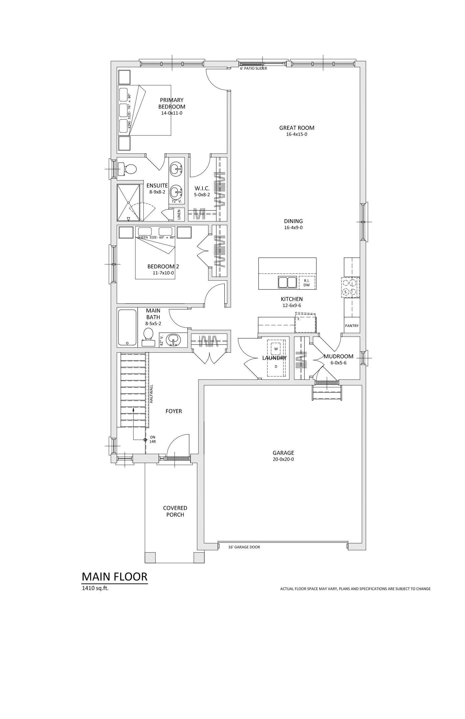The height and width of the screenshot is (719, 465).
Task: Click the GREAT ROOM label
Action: click(x=296, y=128)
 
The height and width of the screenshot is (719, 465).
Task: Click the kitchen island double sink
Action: click(x=287, y=283)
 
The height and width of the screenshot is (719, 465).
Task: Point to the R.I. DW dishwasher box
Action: click(x=307, y=283)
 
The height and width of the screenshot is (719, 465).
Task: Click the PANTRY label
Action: click(x=352, y=326)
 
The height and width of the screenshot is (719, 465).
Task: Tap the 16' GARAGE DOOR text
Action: click(x=244, y=547)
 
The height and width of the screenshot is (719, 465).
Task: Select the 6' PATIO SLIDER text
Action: click(x=253, y=69)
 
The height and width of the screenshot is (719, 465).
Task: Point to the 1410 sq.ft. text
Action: click(x=95, y=588)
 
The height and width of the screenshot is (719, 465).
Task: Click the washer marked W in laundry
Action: click(x=276, y=349)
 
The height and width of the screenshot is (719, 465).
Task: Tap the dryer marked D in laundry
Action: click(x=276, y=367)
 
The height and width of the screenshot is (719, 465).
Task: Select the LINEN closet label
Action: click(x=179, y=215)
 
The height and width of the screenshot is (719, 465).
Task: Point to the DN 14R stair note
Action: click(x=152, y=439)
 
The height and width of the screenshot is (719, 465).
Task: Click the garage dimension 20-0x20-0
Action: click(x=283, y=460)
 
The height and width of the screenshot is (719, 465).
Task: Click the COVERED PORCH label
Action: click(x=175, y=511)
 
